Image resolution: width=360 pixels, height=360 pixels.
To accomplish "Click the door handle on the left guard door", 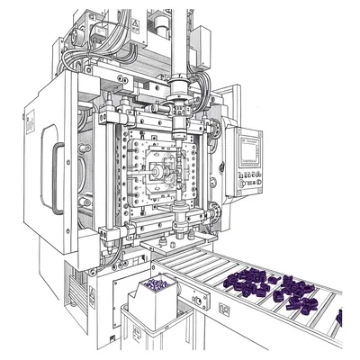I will point(60,170).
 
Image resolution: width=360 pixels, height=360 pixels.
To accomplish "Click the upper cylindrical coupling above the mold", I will point(181,91).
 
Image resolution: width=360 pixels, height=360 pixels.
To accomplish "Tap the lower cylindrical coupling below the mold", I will point(181,217).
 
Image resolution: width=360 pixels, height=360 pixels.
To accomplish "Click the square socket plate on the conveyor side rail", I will point(223,309).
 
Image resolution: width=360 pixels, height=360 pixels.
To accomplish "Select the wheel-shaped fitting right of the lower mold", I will point(215,212).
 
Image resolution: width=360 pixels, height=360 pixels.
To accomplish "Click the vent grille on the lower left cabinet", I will point(91,298).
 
